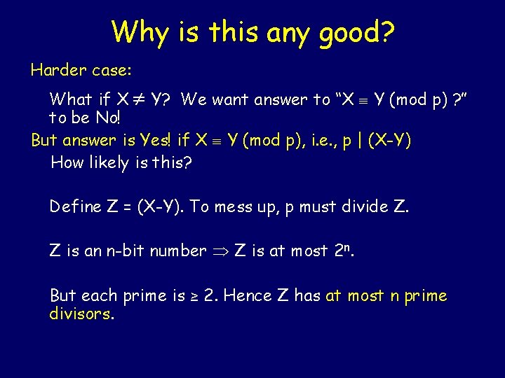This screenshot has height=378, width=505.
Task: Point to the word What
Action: (x=70, y=99)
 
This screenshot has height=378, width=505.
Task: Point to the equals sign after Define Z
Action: (x=126, y=207)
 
